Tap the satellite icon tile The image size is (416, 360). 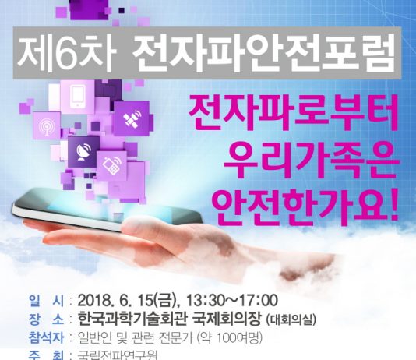tap(132, 119)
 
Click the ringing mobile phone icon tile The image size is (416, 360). tap(111, 164)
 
